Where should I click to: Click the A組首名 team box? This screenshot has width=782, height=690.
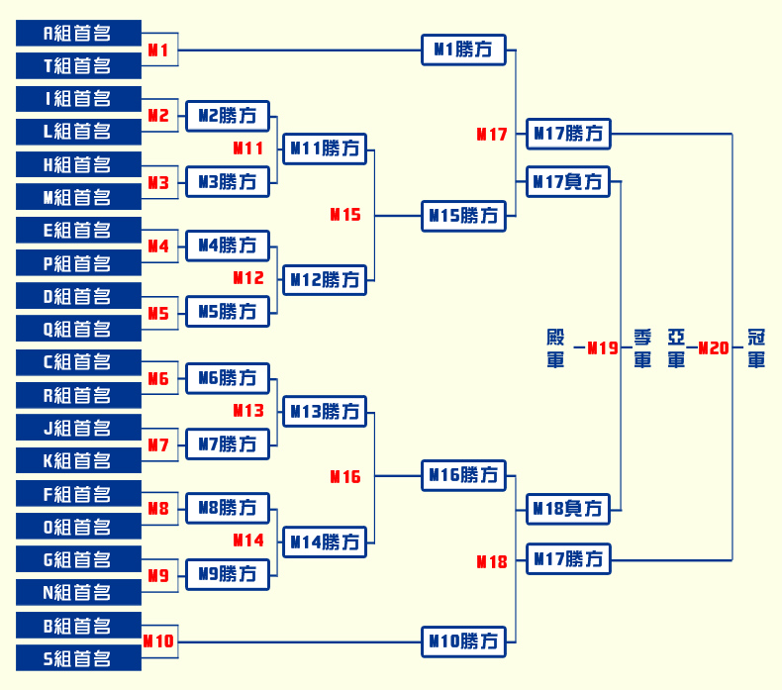[x=78, y=34]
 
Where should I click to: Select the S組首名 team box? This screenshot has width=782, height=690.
[x=78, y=658]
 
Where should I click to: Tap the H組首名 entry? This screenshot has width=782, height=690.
[x=78, y=165]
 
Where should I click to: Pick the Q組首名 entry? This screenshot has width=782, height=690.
[x=78, y=329]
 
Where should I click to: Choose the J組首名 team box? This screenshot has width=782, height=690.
[x=78, y=429]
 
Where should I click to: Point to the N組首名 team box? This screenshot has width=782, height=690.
[x=78, y=592]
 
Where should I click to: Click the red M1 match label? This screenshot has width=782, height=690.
[x=158, y=49]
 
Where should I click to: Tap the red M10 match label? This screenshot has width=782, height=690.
[x=158, y=641]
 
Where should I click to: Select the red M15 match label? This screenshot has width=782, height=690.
[x=345, y=214]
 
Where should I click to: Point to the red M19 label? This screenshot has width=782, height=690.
[x=603, y=347]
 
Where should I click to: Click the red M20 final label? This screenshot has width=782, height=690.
[x=714, y=347]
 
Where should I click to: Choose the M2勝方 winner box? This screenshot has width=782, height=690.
[x=228, y=116]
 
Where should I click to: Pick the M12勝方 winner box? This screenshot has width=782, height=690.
[x=325, y=280]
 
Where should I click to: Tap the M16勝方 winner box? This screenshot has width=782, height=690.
[x=463, y=476]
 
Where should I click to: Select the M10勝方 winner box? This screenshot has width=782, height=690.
[x=463, y=641]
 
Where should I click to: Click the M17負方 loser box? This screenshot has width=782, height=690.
[x=568, y=181]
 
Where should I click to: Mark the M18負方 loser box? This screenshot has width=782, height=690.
[x=568, y=509]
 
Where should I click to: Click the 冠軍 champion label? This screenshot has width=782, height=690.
[x=756, y=348]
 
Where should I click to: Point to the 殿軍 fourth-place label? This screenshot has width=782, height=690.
[x=555, y=348]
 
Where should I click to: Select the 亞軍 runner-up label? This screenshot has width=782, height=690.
[x=676, y=348]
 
